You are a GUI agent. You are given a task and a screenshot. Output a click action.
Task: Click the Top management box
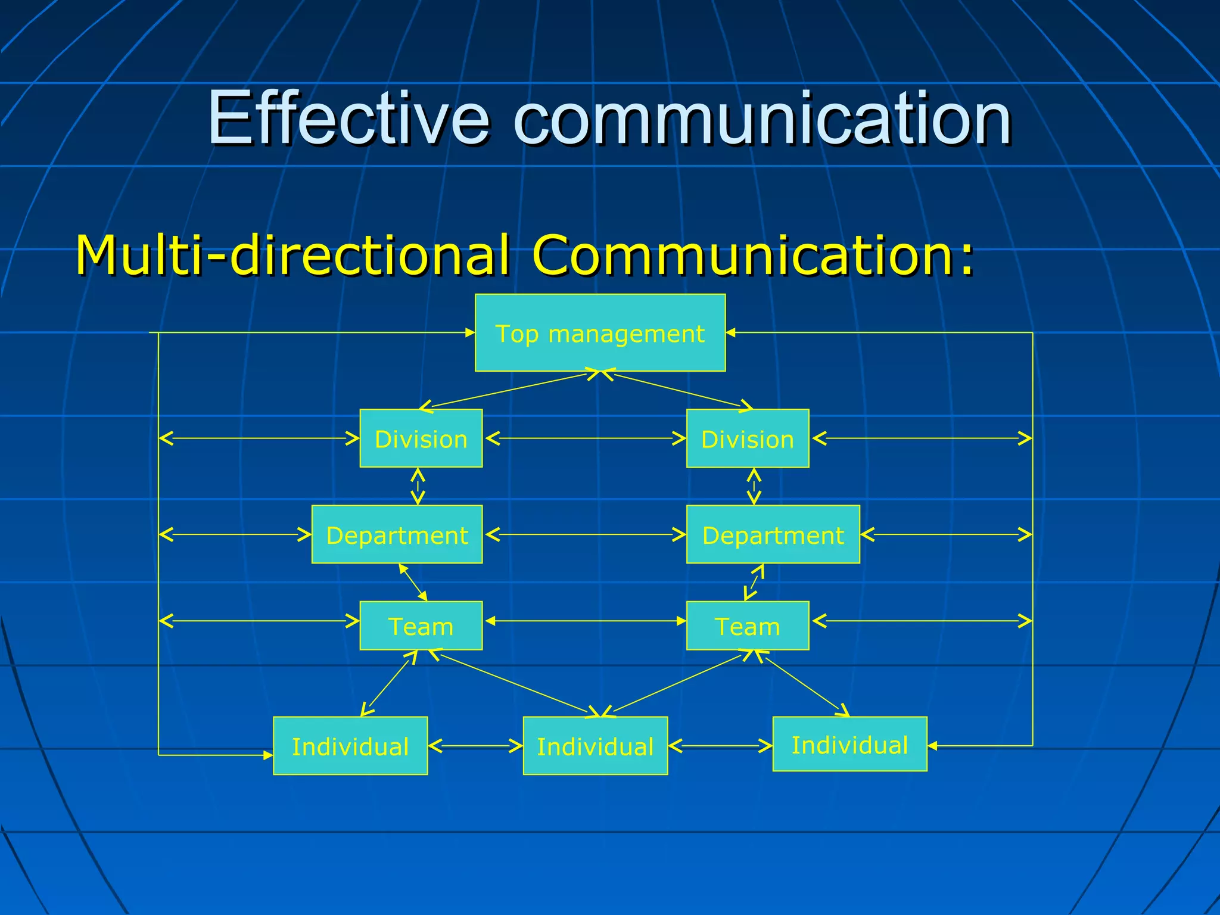pos(600,333)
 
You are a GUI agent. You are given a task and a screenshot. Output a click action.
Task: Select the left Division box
pos(421,438)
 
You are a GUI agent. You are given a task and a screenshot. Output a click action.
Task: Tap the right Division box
pos(748,438)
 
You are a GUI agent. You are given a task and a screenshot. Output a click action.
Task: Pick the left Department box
pos(397,534)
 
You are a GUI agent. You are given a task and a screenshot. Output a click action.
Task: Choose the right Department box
pos(773,534)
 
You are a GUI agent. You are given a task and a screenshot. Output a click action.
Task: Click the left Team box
pos(421,625)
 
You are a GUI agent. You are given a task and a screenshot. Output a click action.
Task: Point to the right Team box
pos(748,625)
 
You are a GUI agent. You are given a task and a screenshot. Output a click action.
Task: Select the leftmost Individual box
pos(350,746)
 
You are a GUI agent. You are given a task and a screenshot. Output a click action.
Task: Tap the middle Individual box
pos(595,746)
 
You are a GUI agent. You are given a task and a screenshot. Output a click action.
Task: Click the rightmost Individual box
pos(849,744)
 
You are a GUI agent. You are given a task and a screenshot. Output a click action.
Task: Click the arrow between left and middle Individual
pos(475,746)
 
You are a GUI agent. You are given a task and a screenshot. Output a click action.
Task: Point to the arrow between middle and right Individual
pos(720,746)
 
